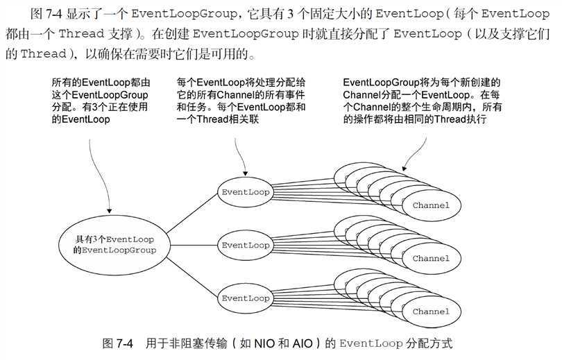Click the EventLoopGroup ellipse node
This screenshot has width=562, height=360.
(x=114, y=243)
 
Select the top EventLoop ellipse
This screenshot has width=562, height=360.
(x=245, y=191)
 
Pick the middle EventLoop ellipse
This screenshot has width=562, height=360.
(x=245, y=245)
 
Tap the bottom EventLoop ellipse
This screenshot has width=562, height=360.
(x=245, y=298)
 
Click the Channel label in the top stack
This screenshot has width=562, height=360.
(x=431, y=205)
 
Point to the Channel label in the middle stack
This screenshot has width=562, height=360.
(x=431, y=258)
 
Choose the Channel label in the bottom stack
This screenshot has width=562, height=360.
(x=431, y=312)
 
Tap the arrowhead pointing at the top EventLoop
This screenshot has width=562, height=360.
(x=243, y=173)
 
